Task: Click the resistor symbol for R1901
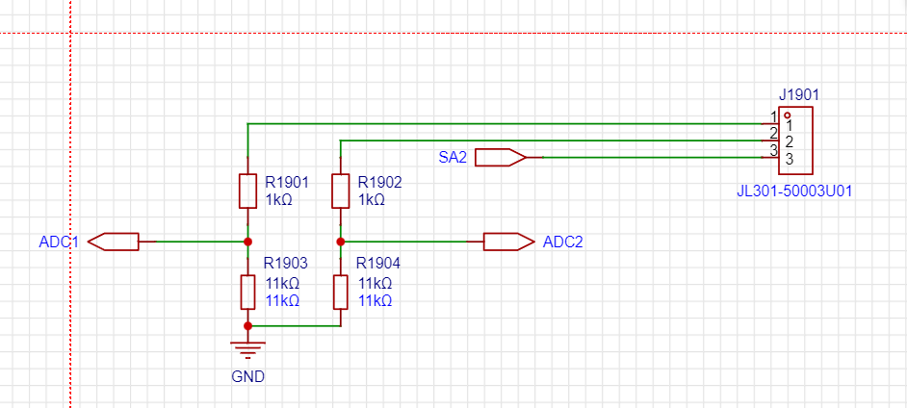pos(247,191)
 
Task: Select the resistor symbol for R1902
pos(340,191)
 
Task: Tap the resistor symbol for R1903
pos(247,292)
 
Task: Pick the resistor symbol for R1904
pos(340,292)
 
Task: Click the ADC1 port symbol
pos(115,242)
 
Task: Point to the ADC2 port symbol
pos(507,242)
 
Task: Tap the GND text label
pos(247,376)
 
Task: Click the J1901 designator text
pos(799,95)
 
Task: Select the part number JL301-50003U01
pos(794,191)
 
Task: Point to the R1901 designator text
pos(287,182)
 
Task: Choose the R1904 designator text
pos(378,263)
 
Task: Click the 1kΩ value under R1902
pos(371,200)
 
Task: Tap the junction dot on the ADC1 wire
pos(247,242)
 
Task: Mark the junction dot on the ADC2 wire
pos(340,242)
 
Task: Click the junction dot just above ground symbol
pos(247,326)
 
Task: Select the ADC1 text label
pos(58,242)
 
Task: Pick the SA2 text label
pos(453,157)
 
